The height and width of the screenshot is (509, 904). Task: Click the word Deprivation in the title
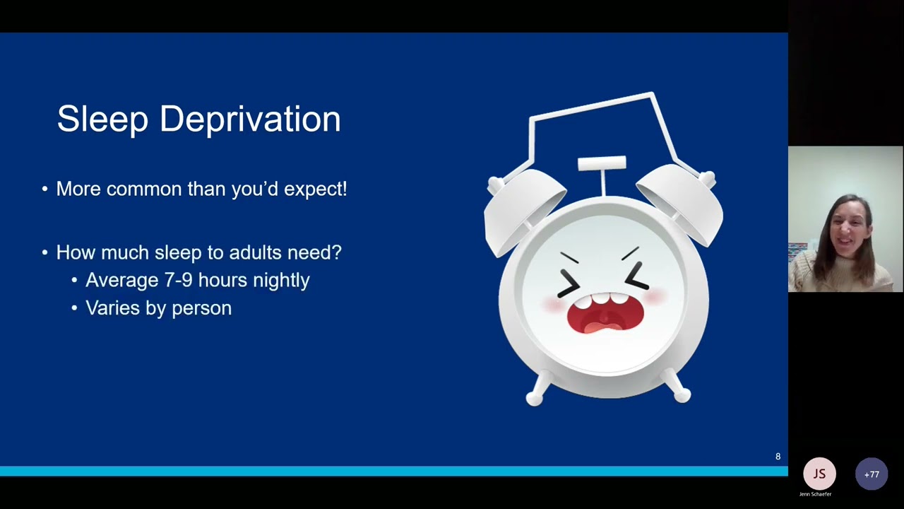coord(250,119)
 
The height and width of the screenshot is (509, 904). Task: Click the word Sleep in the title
coord(102,119)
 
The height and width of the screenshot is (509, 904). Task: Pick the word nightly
coord(281,280)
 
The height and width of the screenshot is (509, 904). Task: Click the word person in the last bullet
coord(202,308)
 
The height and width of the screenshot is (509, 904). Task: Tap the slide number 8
coord(778,457)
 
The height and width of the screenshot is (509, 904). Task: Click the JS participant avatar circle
coord(819,474)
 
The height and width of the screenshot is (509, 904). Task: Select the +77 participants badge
coord(872,474)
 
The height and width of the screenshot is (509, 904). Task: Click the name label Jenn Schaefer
coord(815,494)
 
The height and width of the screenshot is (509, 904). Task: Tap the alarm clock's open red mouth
coord(604,316)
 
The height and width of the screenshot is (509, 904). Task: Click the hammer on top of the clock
coord(602,164)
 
